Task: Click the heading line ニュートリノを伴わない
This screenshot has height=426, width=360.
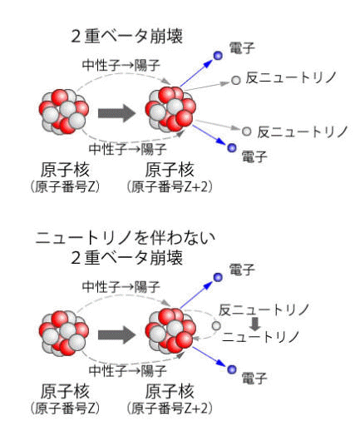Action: pyautogui.click(x=126, y=238)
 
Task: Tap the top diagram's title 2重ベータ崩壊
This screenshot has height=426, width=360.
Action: pyautogui.click(x=127, y=37)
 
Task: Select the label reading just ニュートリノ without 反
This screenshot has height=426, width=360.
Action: pyautogui.click(x=260, y=337)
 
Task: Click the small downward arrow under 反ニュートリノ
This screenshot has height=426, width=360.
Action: pyautogui.click(x=254, y=324)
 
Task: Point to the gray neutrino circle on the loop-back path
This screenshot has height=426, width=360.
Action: pyautogui.click(x=216, y=325)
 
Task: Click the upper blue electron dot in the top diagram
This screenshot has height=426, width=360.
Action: pyautogui.click(x=218, y=56)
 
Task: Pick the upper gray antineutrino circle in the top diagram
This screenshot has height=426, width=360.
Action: pyautogui.click(x=236, y=81)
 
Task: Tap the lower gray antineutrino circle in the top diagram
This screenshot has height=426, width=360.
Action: pyautogui.click(x=246, y=131)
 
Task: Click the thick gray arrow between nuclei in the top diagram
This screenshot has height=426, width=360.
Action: pyautogui.click(x=116, y=113)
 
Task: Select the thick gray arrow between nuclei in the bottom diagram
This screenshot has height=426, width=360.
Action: pyautogui.click(x=116, y=334)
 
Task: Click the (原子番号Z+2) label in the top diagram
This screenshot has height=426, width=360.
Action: pyautogui.click(x=170, y=187)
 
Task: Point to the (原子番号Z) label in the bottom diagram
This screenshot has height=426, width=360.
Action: pyautogui.click(x=65, y=409)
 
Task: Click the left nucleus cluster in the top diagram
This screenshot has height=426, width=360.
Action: pyautogui.click(x=64, y=111)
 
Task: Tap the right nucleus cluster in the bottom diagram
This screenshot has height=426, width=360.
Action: pyautogui.click(x=170, y=331)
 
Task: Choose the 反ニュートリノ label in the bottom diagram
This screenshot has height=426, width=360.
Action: pyautogui.click(x=264, y=310)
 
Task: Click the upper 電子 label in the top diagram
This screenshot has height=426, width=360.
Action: pyautogui.click(x=242, y=47)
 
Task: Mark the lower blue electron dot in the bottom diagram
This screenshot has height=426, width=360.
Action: pyautogui.click(x=232, y=369)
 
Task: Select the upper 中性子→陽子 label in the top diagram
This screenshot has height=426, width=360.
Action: pyautogui.click(x=121, y=65)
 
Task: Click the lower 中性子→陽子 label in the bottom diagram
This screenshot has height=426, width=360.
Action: pyautogui.click(x=127, y=370)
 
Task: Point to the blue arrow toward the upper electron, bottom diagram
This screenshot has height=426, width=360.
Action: pyautogui.click(x=196, y=295)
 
